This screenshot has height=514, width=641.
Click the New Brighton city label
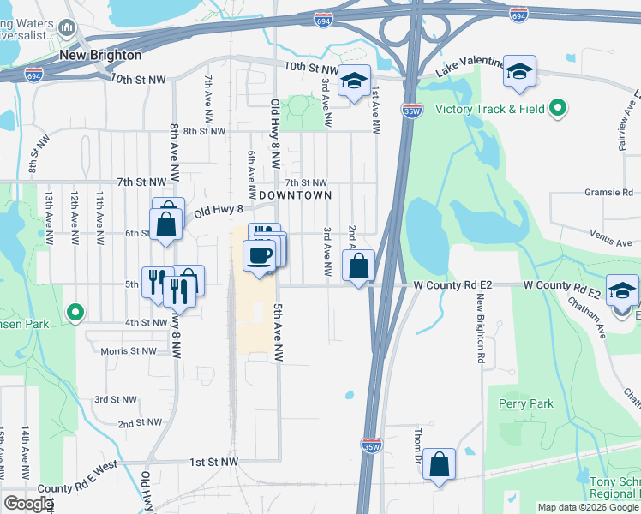100,55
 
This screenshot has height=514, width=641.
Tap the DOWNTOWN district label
295,195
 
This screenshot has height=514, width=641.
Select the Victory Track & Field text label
491,109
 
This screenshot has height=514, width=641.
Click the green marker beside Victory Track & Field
558,108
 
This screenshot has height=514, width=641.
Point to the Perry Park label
525,403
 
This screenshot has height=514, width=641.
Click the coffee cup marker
259,254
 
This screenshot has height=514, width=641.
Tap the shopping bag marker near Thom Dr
439,465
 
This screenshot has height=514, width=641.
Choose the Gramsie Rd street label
611,192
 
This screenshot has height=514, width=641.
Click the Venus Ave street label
610,243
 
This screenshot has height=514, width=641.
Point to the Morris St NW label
129,351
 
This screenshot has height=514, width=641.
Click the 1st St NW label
213,462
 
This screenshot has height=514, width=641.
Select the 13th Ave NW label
50,218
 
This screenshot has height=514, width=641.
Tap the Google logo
28,504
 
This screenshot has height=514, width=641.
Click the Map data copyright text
588,507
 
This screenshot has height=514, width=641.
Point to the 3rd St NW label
116,399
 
